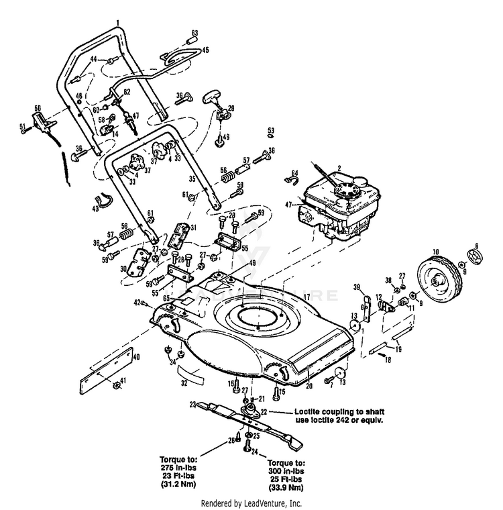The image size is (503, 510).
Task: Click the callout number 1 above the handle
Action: click(117, 23)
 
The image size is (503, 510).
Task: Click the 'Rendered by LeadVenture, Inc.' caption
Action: click(251, 503)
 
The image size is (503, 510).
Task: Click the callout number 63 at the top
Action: click(195, 33)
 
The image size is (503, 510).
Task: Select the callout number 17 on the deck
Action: click(305, 296)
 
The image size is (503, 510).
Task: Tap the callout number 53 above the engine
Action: click(271, 129)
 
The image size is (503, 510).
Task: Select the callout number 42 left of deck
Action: click(137, 303)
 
